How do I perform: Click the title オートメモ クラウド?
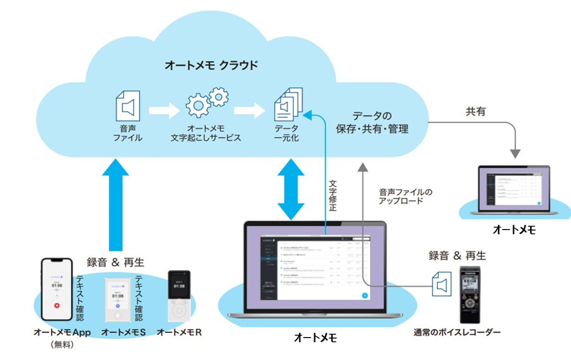pyautogui.click(x=212, y=65)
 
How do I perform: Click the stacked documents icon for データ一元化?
pyautogui.click(x=288, y=105)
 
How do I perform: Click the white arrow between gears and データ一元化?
pyautogui.click(x=250, y=111)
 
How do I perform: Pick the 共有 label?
pyautogui.click(x=476, y=112)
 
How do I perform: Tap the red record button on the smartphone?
pyautogui.click(x=57, y=306)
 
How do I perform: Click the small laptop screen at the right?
pyautogui.click(x=513, y=188)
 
